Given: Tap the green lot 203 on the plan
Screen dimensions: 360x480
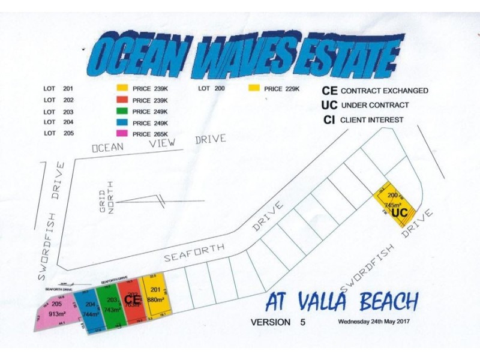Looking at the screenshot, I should [112, 305].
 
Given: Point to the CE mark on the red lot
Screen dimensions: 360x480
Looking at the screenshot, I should [132, 298].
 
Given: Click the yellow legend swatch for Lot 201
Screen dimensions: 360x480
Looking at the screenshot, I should [123, 89].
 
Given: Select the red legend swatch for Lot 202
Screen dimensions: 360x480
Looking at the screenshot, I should [123, 100].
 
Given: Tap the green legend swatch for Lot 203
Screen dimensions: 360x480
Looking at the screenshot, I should [123, 111].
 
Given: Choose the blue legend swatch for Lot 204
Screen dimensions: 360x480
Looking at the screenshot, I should [123, 122].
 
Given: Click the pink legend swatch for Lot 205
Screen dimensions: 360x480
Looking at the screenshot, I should [123, 133].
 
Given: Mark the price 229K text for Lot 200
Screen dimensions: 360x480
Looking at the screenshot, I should [281, 89].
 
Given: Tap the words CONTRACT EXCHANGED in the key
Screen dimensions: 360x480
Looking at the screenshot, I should [384, 91].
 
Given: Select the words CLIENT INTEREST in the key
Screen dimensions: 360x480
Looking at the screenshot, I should [372, 120].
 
